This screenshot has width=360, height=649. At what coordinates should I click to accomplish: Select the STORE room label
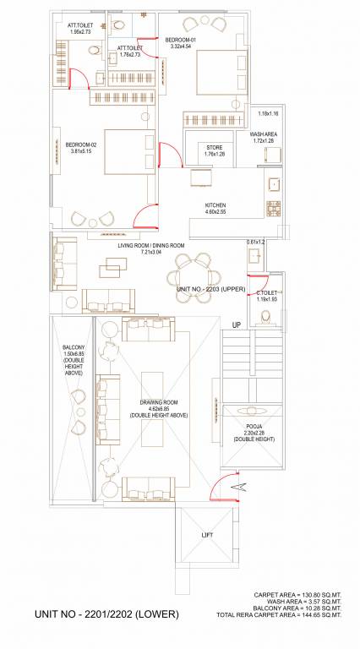tap(215, 150)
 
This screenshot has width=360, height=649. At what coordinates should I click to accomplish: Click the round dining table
tap(194, 272)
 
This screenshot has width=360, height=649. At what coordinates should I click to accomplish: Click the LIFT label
tap(206, 534)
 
